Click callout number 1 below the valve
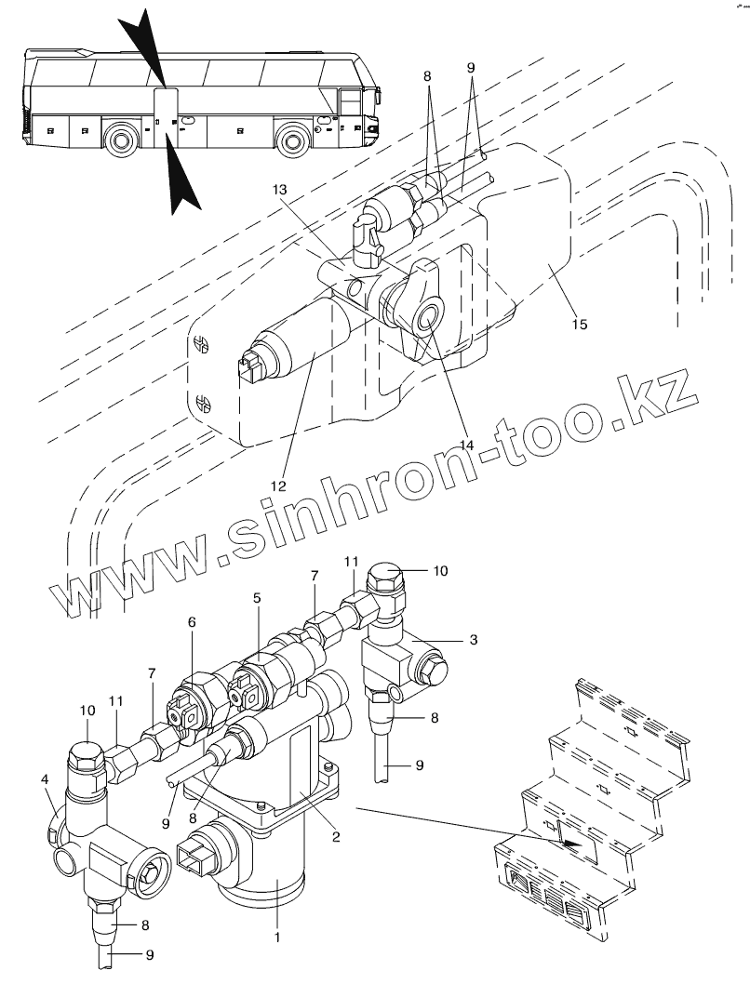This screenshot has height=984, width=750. (276, 937)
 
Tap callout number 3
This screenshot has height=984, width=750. (474, 641)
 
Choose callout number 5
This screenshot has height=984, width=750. (256, 600)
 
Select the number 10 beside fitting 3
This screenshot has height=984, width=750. (440, 570)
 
